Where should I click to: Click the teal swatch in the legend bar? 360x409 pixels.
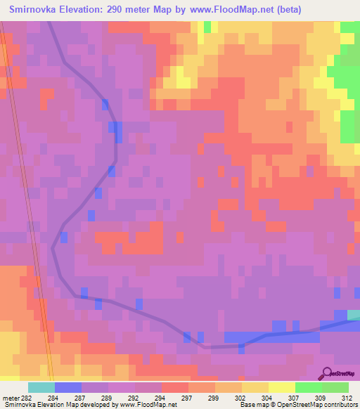click(41, 387)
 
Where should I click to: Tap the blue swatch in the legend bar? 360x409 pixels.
click(68, 387)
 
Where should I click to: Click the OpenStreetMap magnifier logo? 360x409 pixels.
click(326, 373)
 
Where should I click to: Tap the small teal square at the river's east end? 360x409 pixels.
click(354, 315)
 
